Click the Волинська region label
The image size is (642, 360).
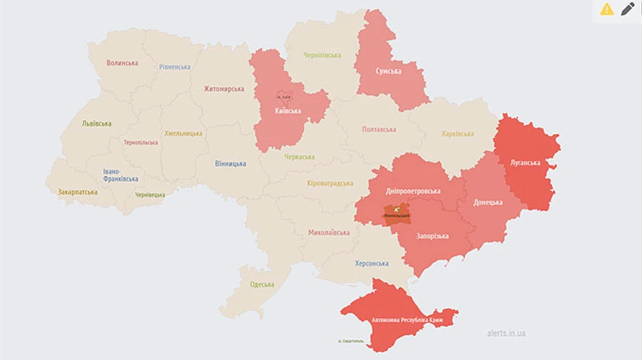click(122, 63)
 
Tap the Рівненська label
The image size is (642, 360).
click(175, 67)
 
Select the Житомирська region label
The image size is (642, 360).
click(223, 89)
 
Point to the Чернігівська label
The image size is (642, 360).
click(322, 55)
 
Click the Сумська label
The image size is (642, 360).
click(389, 71)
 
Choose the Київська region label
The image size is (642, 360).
click(288, 111)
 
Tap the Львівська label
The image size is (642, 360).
click(96, 123)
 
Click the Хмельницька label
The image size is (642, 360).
click(183, 133)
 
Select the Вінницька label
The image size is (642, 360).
click(230, 163)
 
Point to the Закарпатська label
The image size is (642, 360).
click(78, 192)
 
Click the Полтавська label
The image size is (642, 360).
click(379, 130)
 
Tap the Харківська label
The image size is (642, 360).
click(457, 133)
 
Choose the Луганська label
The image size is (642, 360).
click(525, 163)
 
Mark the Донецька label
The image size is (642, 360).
click(488, 202)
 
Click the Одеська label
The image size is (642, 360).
click(262, 284)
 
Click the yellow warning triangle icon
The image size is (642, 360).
click(606, 9)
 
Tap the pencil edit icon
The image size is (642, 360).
click(628, 9)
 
